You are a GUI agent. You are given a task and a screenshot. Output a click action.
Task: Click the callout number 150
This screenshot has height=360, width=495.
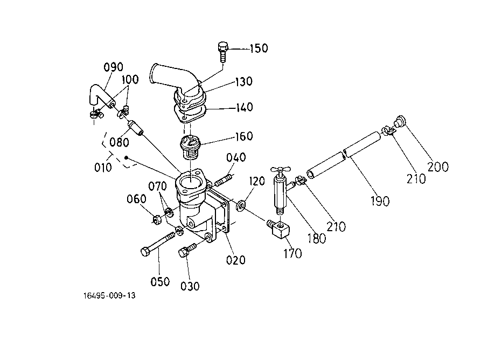(x=259, y=49)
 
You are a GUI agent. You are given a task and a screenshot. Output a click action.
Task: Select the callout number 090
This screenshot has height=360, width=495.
(x=113, y=67)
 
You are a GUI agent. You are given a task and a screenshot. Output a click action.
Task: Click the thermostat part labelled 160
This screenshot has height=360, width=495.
(x=191, y=147)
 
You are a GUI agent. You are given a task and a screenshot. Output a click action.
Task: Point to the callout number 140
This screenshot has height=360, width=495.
(x=245, y=107)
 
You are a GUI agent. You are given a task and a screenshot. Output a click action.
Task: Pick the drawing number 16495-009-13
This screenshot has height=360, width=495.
(x=109, y=295)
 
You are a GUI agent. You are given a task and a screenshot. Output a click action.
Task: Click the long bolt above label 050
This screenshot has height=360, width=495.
(x=157, y=244)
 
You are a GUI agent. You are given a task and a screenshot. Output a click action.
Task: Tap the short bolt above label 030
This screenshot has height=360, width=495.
(x=187, y=250)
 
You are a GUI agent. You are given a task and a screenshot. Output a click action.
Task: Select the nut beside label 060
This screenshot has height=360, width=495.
(x=157, y=219)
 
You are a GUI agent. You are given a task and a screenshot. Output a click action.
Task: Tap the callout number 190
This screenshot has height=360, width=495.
(x=380, y=201)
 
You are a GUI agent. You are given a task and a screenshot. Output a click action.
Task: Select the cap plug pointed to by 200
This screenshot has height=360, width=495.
(x=400, y=121)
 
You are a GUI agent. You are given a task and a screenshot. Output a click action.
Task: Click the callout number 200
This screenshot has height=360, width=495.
(x=438, y=167)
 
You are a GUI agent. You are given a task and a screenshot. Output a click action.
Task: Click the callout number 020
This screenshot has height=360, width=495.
(x=236, y=260)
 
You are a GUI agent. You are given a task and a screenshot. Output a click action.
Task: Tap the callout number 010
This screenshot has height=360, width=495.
(x=103, y=168)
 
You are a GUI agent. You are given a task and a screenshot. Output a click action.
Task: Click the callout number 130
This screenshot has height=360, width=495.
(x=243, y=81)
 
